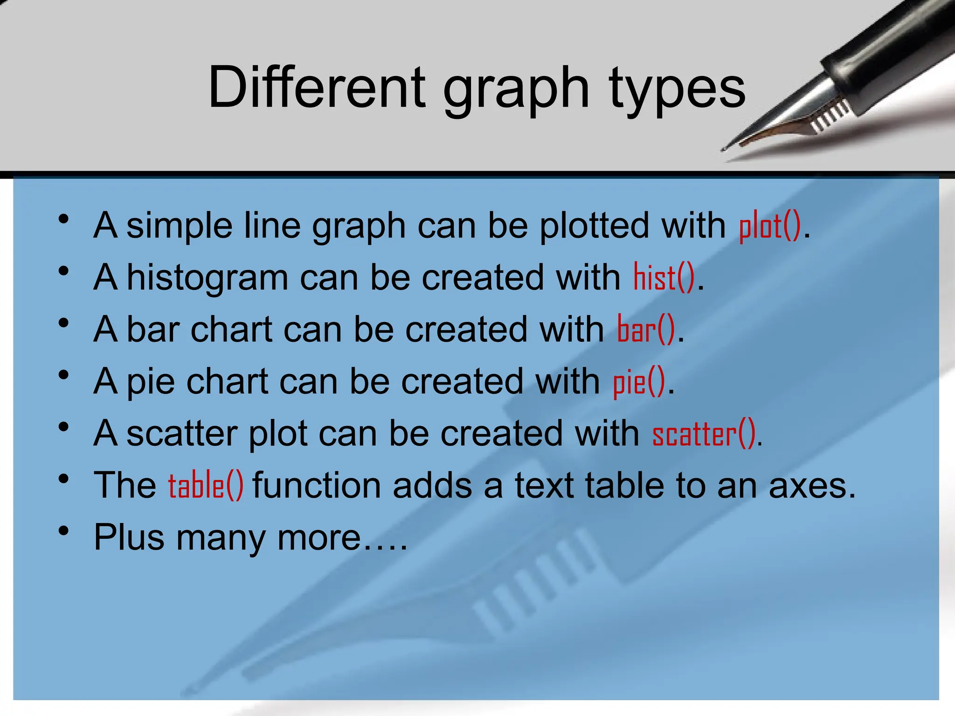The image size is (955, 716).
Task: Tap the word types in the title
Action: [677, 89]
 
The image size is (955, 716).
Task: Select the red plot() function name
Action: [770, 226]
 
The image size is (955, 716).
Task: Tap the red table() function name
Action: [206, 486]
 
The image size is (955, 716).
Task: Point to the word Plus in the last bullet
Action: [129, 538]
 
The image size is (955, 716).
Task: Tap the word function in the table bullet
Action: [316, 486]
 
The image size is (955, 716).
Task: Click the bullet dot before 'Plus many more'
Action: [64, 531]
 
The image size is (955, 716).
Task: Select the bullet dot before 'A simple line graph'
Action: [64, 219]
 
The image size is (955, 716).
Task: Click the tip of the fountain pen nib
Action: [724, 150]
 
